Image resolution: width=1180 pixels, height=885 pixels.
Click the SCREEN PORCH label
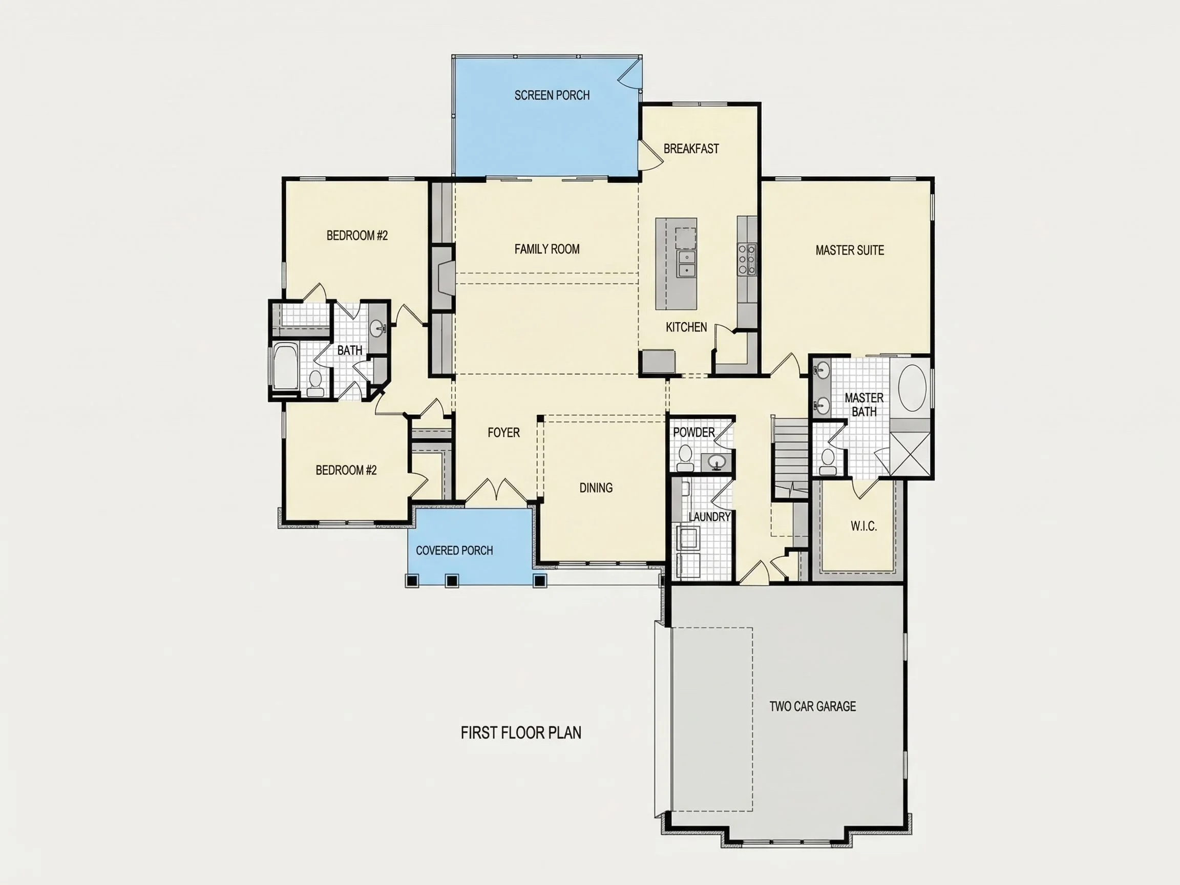coord(552,95)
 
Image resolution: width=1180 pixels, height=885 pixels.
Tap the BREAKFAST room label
coord(691,149)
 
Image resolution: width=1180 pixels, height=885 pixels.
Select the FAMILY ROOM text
coord(547,249)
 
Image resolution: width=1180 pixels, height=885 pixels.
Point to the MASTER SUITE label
coord(850,250)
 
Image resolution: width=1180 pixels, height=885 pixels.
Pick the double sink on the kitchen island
coord(687,264)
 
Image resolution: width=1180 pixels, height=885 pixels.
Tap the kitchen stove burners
coord(747,259)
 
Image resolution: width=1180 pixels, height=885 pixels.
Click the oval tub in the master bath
coord(912,388)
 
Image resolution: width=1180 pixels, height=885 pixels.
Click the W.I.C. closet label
coord(863,526)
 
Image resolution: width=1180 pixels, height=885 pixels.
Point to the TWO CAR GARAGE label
coord(812,706)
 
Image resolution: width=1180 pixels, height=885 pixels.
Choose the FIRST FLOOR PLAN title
coord(521,733)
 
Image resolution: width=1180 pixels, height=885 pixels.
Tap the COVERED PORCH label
coord(454,551)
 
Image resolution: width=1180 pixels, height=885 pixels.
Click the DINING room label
coord(596,488)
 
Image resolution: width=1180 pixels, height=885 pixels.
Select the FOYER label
coord(503,433)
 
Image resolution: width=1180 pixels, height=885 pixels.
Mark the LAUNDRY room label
coord(709,517)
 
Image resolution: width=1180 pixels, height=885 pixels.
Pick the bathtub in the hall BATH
coord(285,367)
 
